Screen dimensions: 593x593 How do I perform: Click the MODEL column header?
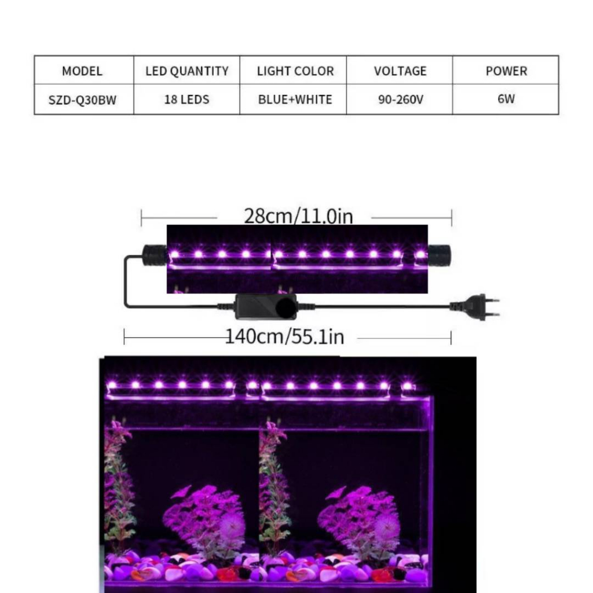click(x=82, y=71)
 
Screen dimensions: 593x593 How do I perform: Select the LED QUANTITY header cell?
click(x=187, y=71)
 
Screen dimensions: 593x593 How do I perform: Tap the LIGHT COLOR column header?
click(x=295, y=71)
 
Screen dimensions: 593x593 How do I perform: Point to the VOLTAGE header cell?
click(x=400, y=71)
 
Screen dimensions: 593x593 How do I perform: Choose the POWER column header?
click(x=506, y=71)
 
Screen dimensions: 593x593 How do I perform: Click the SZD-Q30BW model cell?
click(x=82, y=100)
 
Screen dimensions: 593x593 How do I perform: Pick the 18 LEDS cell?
click(x=187, y=100)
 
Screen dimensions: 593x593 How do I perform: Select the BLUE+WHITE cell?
click(x=295, y=100)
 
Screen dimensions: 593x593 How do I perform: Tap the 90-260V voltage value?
click(x=401, y=100)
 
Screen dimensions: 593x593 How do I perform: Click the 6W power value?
click(x=506, y=99)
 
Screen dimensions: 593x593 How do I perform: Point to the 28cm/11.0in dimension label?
click(x=298, y=217)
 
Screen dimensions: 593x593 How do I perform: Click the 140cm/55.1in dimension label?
click(x=285, y=336)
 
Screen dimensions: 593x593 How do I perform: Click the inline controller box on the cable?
click(x=266, y=307)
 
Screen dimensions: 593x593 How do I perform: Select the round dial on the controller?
click(x=286, y=307)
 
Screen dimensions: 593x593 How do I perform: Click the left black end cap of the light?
click(x=154, y=255)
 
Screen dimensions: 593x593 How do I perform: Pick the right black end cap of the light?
click(x=440, y=255)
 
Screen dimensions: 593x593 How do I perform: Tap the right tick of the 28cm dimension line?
click(x=452, y=218)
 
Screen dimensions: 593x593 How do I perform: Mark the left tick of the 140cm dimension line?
click(x=124, y=337)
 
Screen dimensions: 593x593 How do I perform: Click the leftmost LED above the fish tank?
click(x=112, y=385)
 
